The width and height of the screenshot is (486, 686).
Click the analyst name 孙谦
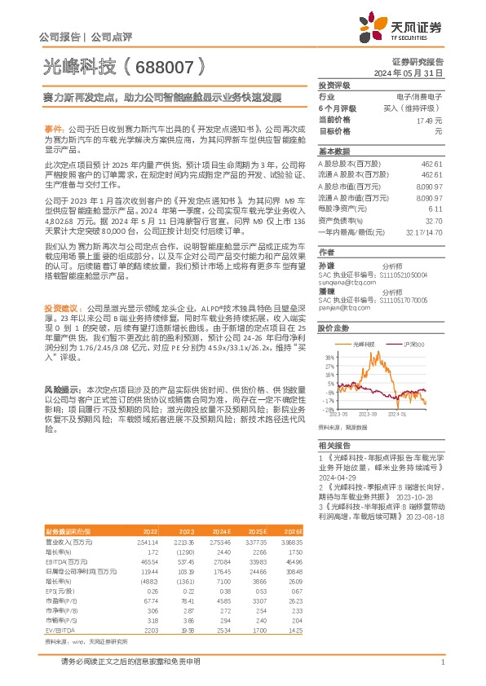click(325, 266)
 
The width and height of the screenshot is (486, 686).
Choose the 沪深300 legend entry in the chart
click(407, 345)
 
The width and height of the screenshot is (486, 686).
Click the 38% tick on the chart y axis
click(329, 357)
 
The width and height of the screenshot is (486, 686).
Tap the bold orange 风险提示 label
click(61, 389)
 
